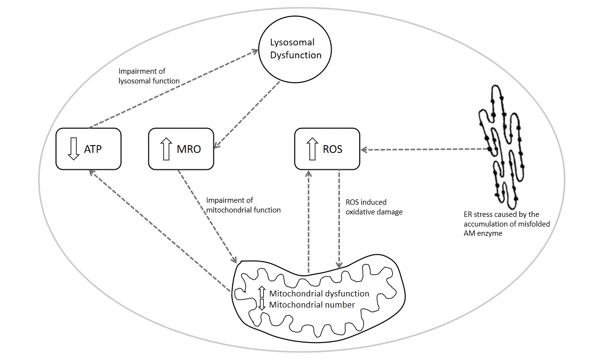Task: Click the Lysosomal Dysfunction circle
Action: point(295,49)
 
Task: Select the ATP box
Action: point(88,149)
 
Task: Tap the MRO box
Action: point(181,149)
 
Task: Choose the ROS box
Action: point(327,149)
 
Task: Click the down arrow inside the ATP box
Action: point(73,149)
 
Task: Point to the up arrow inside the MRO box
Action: point(166,149)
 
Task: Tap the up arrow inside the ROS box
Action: point(312,149)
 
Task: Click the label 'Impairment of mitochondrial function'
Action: point(243,205)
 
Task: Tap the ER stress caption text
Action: point(506,223)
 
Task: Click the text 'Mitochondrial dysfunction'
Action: point(319,294)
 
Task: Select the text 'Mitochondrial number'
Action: point(312,305)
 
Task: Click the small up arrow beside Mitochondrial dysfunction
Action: point(262,293)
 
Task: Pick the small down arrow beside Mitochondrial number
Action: point(262,305)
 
